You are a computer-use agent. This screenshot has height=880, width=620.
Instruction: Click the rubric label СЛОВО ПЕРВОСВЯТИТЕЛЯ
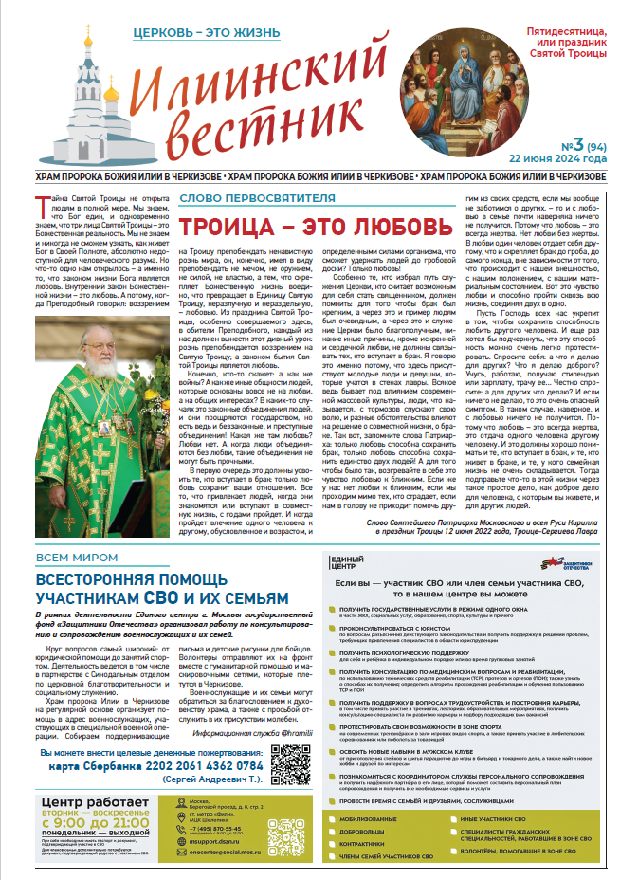click(257, 198)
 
